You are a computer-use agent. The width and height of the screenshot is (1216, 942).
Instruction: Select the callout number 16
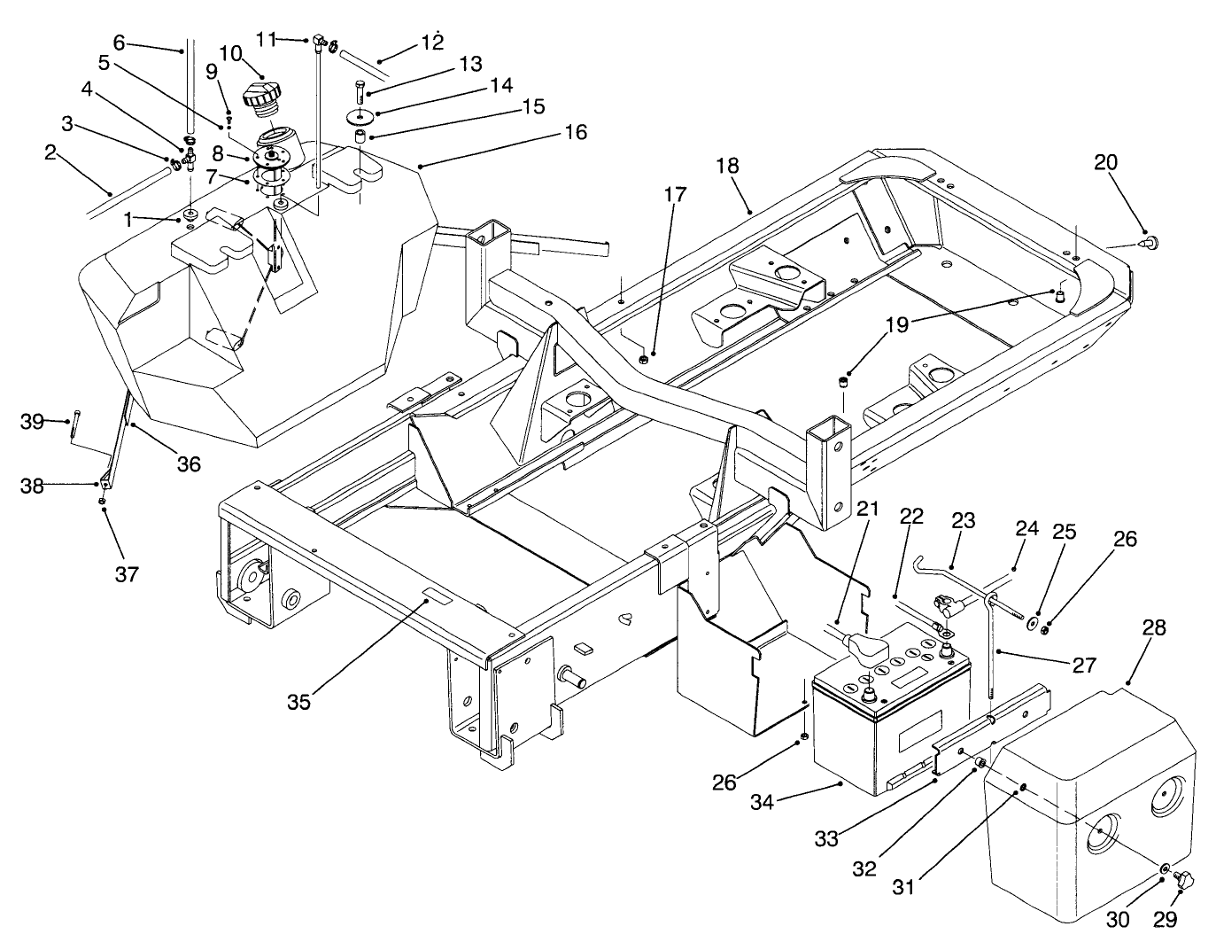575,132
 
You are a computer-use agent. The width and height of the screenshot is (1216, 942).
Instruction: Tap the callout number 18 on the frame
727,166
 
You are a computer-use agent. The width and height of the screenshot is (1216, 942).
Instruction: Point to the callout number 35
299,702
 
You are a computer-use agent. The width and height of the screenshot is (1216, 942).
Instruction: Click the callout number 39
32,422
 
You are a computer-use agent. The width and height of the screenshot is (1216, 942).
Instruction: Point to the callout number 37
127,574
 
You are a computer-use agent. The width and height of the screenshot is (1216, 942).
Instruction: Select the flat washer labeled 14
360,117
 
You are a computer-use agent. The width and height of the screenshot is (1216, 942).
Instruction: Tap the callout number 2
50,152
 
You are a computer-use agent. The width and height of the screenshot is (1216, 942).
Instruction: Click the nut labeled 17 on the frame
644,360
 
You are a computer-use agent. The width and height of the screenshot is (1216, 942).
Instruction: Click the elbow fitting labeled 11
317,40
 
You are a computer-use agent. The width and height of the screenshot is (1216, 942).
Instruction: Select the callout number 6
120,43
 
